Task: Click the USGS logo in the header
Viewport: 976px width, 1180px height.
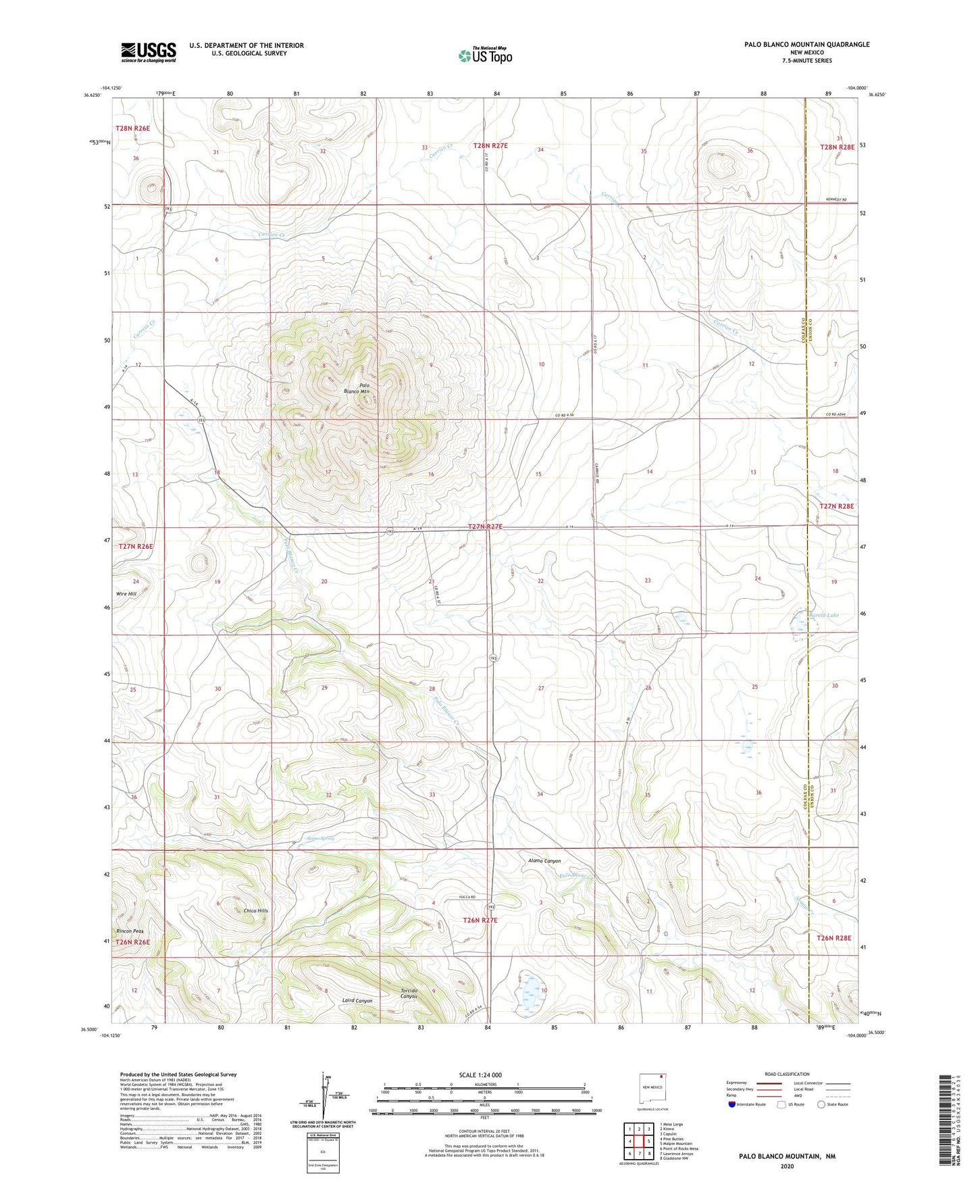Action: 149,52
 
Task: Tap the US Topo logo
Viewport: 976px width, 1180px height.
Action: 485,55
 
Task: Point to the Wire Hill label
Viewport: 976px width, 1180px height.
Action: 126,593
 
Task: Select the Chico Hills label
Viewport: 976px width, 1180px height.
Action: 256,910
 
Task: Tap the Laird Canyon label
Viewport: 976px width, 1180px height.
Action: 357,1000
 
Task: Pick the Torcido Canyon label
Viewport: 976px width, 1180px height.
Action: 409,993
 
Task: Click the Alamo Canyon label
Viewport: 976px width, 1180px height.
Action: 544,861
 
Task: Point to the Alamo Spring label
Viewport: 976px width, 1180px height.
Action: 320,838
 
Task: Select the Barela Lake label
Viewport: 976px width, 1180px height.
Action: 823,615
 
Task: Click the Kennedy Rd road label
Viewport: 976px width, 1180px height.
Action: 836,200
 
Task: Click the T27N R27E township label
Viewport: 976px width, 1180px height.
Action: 485,526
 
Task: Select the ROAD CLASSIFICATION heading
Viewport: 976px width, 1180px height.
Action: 787,1074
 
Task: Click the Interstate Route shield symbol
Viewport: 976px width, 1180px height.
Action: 732,1104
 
